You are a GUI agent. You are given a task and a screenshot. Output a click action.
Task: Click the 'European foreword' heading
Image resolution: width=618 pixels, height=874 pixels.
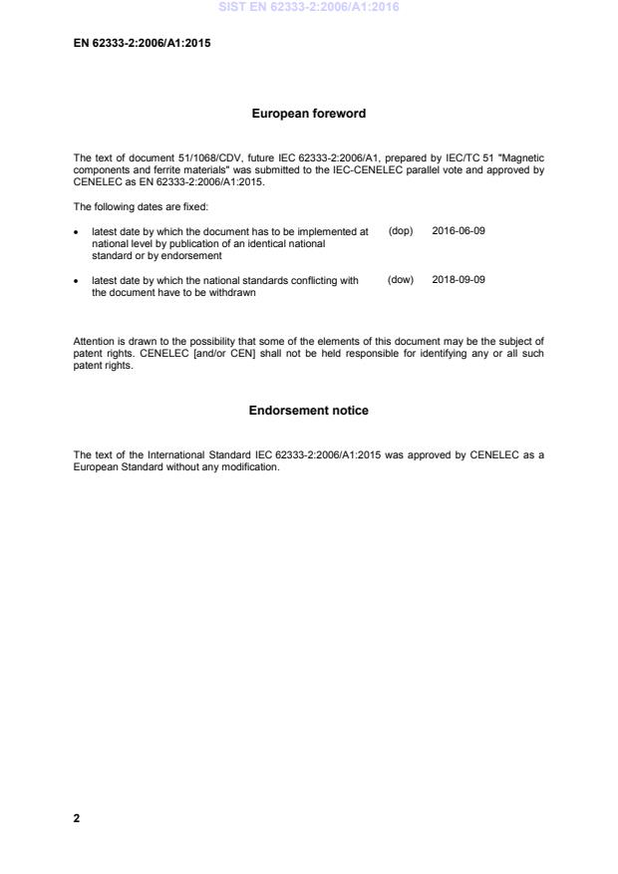click(308, 114)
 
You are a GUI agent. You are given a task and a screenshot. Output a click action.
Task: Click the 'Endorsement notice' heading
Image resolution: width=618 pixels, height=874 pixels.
click(308, 411)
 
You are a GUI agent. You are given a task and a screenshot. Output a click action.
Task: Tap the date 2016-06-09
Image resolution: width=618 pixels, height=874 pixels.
click(459, 231)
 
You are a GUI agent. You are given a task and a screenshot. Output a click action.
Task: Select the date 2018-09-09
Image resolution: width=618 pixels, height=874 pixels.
click(459, 280)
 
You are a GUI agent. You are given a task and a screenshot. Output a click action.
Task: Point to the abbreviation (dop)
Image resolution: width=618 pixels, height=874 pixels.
click(401, 231)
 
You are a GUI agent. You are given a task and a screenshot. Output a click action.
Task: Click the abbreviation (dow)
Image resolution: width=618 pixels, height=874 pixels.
click(401, 280)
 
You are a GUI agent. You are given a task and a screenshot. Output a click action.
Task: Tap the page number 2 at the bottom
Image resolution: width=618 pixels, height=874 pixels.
click(77, 818)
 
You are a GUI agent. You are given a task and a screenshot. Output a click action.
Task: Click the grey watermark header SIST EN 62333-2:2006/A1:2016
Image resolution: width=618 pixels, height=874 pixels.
click(308, 7)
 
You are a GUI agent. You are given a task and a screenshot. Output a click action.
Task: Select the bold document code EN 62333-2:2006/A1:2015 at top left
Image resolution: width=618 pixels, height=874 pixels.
click(142, 43)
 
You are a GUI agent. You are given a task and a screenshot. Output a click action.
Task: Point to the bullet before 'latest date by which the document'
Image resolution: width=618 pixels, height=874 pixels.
click(78, 232)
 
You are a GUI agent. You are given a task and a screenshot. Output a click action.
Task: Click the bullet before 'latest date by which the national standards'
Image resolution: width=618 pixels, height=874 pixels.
click(78, 281)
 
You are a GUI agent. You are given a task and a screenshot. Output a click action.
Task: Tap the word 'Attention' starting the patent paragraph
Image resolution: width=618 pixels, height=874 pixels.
click(94, 342)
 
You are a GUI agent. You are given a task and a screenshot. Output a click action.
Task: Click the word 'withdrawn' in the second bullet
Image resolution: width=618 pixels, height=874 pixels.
click(234, 293)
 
